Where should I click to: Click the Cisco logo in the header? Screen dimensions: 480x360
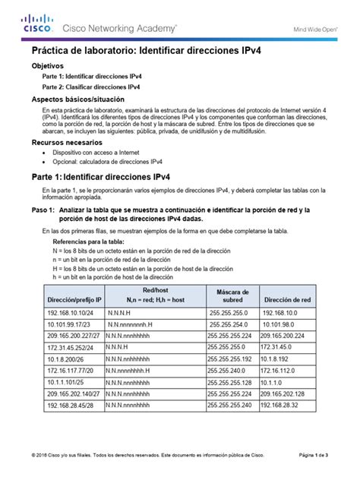37,25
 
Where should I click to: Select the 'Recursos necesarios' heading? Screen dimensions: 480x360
65,142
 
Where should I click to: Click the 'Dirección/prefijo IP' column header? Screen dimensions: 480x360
74,300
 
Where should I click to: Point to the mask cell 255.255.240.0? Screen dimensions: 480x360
228,370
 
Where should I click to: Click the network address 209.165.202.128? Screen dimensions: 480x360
291,395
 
